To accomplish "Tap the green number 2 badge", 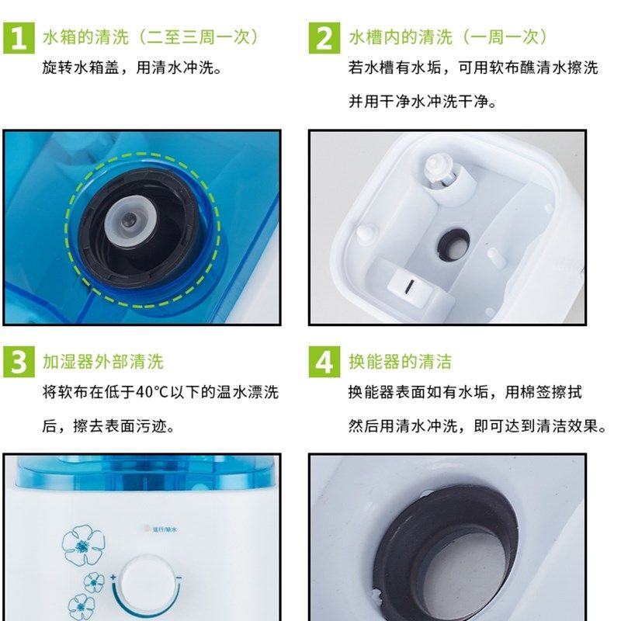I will pyautogui.click(x=324, y=37).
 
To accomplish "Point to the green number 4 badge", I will pyautogui.click(x=324, y=363).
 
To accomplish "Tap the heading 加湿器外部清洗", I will pyautogui.click(x=103, y=363).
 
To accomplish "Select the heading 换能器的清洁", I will pyautogui.click(x=400, y=363).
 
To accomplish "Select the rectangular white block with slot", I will pyautogui.click(x=407, y=283).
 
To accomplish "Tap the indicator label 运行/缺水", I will pyautogui.click(x=165, y=530).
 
